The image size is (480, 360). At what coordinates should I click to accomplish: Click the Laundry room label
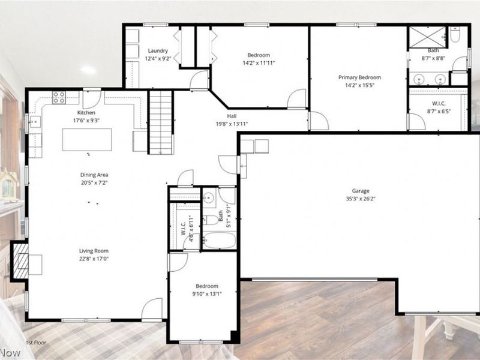(x=158, y=50)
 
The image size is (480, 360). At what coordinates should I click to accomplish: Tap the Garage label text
(x=361, y=191)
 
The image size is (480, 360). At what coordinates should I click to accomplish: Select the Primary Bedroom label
(x=359, y=77)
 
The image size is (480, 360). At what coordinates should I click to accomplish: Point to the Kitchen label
(x=86, y=113)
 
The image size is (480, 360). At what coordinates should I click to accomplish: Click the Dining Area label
(x=94, y=175)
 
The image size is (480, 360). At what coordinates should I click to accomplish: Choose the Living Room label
(x=94, y=251)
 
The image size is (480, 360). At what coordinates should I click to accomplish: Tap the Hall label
(x=231, y=116)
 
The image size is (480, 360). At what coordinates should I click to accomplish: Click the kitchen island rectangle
(x=86, y=140)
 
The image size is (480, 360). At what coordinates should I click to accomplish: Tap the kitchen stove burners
(x=59, y=97)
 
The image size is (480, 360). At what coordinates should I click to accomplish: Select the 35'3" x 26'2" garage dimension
(x=361, y=199)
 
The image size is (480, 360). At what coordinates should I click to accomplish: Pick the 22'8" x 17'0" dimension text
(x=94, y=259)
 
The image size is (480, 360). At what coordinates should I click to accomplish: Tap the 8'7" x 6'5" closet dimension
(x=438, y=111)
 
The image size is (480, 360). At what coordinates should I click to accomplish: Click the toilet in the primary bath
(x=455, y=36)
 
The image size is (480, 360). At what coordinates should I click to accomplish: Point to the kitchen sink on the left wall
(x=34, y=122)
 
